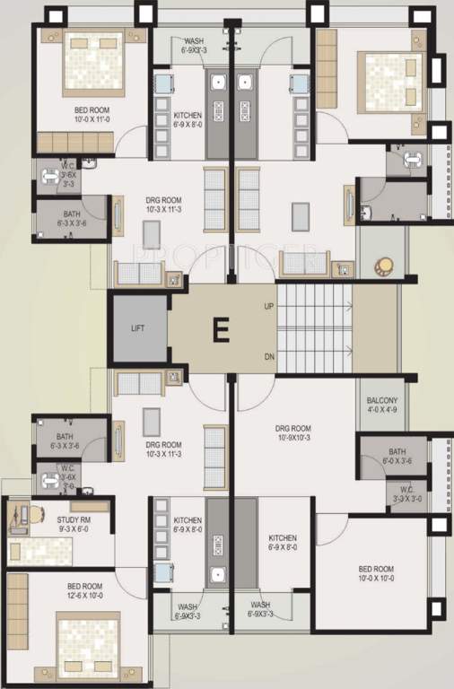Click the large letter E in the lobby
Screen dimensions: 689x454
click(220, 330)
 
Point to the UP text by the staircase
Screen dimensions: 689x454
click(268, 306)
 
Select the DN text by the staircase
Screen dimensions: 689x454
click(268, 356)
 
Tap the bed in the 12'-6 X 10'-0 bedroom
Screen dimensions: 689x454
click(88, 642)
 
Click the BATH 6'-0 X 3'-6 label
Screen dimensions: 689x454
click(397, 457)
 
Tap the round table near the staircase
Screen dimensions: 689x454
click(385, 267)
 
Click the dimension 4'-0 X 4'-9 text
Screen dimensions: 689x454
click(383, 413)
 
